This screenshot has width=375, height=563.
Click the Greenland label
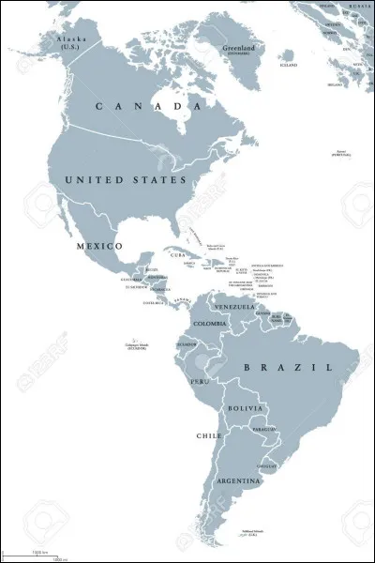tap(238, 48)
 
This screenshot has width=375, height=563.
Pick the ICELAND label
tap(289, 65)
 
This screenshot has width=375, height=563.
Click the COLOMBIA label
tap(208, 324)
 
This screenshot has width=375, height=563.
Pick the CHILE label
tap(208, 435)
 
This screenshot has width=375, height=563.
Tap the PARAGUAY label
tap(263, 431)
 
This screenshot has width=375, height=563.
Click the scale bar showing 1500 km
tap(40, 553)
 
